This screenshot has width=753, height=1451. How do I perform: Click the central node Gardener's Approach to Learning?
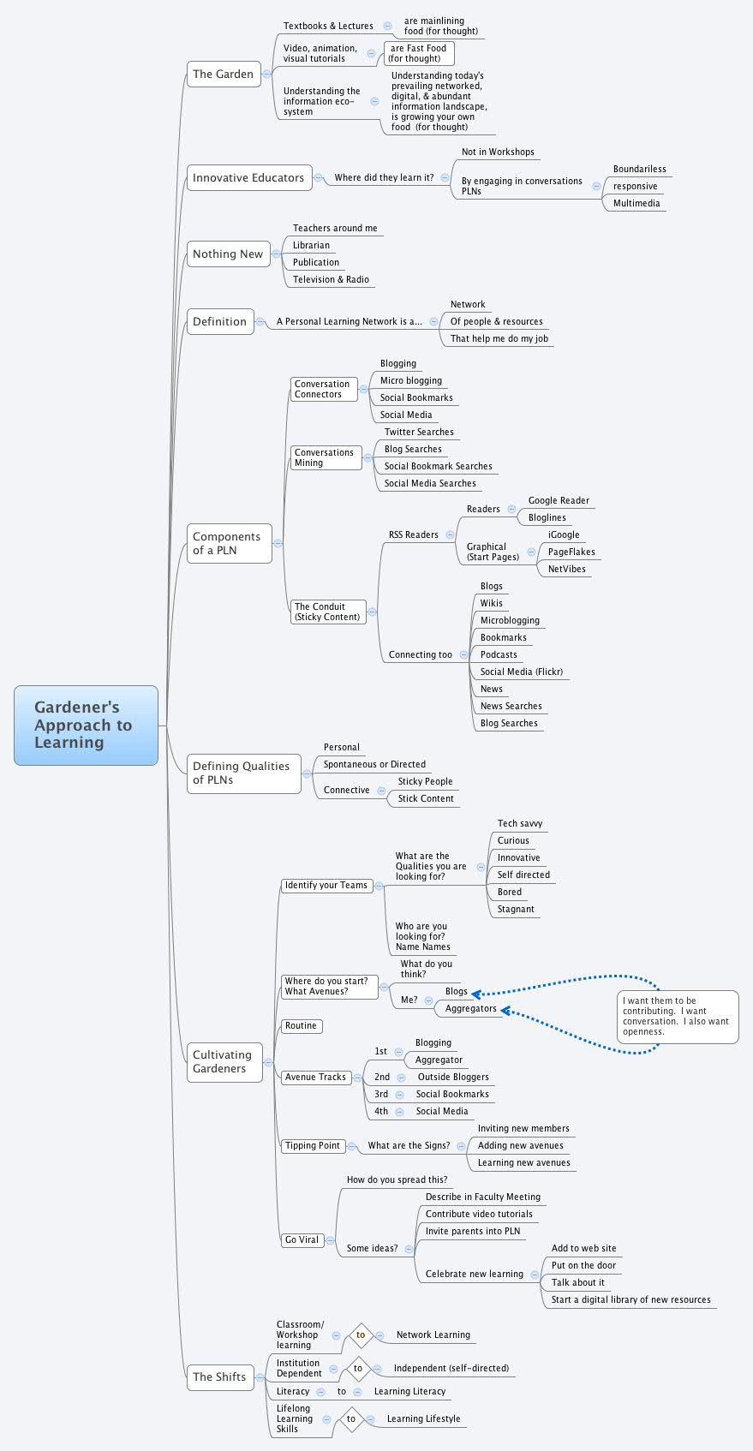[86, 725]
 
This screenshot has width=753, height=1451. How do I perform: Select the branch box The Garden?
[223, 74]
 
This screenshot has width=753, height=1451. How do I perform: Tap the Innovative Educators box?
[248, 177]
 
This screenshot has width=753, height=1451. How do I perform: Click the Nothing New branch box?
[228, 254]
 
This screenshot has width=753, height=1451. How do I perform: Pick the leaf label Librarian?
[311, 245]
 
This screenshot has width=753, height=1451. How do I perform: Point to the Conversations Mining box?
[325, 457]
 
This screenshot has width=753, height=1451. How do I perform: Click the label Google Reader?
[559, 500]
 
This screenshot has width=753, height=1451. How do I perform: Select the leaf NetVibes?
[566, 569]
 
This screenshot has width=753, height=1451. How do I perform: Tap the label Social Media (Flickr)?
[521, 672]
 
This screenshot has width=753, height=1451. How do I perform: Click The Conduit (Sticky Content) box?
[327, 612]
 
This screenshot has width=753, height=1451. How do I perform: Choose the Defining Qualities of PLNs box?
[242, 773]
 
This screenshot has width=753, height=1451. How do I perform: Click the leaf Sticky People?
[425, 781]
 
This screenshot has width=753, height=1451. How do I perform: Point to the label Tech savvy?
[519, 823]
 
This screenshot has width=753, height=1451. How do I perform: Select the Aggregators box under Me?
[470, 1008]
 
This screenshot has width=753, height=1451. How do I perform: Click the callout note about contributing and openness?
[677, 1016]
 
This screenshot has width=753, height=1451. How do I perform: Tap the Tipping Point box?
[313, 1145]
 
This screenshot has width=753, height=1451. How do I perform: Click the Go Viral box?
[302, 1239]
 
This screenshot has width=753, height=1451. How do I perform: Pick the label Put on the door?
[583, 1265]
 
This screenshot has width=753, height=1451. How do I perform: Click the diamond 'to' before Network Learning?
[361, 1335]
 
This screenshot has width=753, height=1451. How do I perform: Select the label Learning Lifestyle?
[423, 1418]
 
